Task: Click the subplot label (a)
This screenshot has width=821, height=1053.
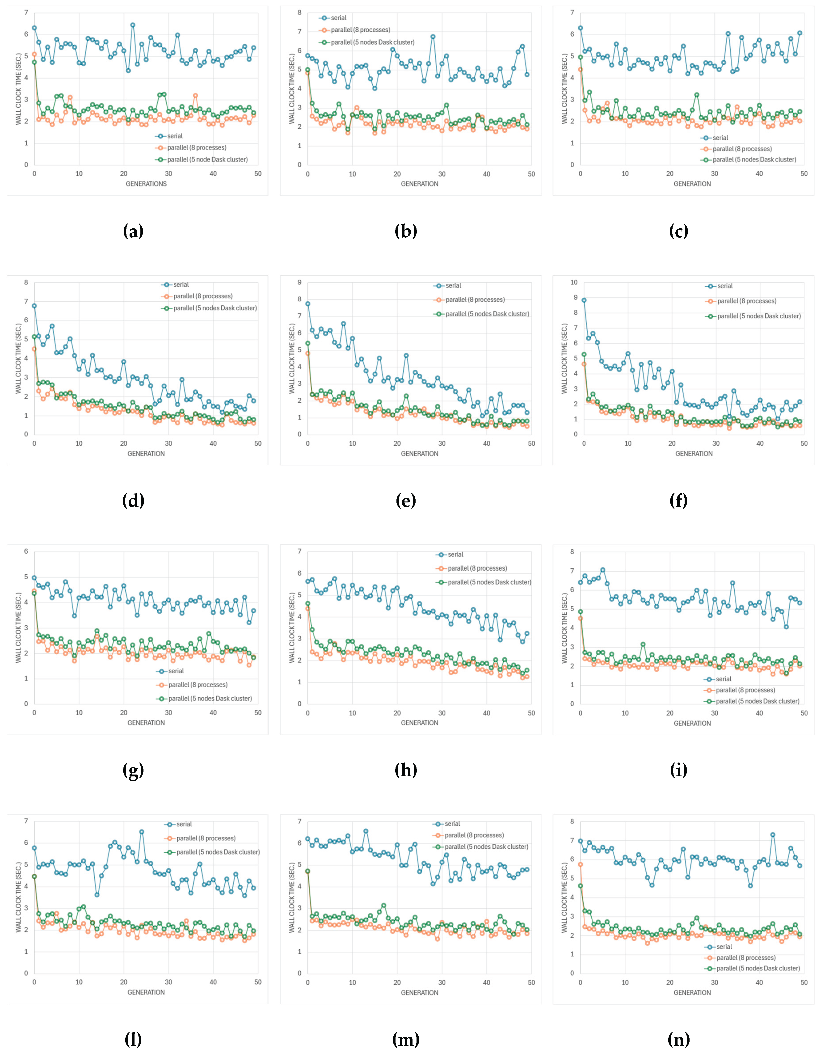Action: pos(133,232)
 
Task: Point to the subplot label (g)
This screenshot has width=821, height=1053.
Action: pos(133,770)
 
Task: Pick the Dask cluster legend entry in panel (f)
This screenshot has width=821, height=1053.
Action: pos(758,316)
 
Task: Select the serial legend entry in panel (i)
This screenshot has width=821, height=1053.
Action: pos(723,679)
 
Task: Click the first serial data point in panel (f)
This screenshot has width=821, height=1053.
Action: pos(584,300)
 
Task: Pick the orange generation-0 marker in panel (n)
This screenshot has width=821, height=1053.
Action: pos(581,864)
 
